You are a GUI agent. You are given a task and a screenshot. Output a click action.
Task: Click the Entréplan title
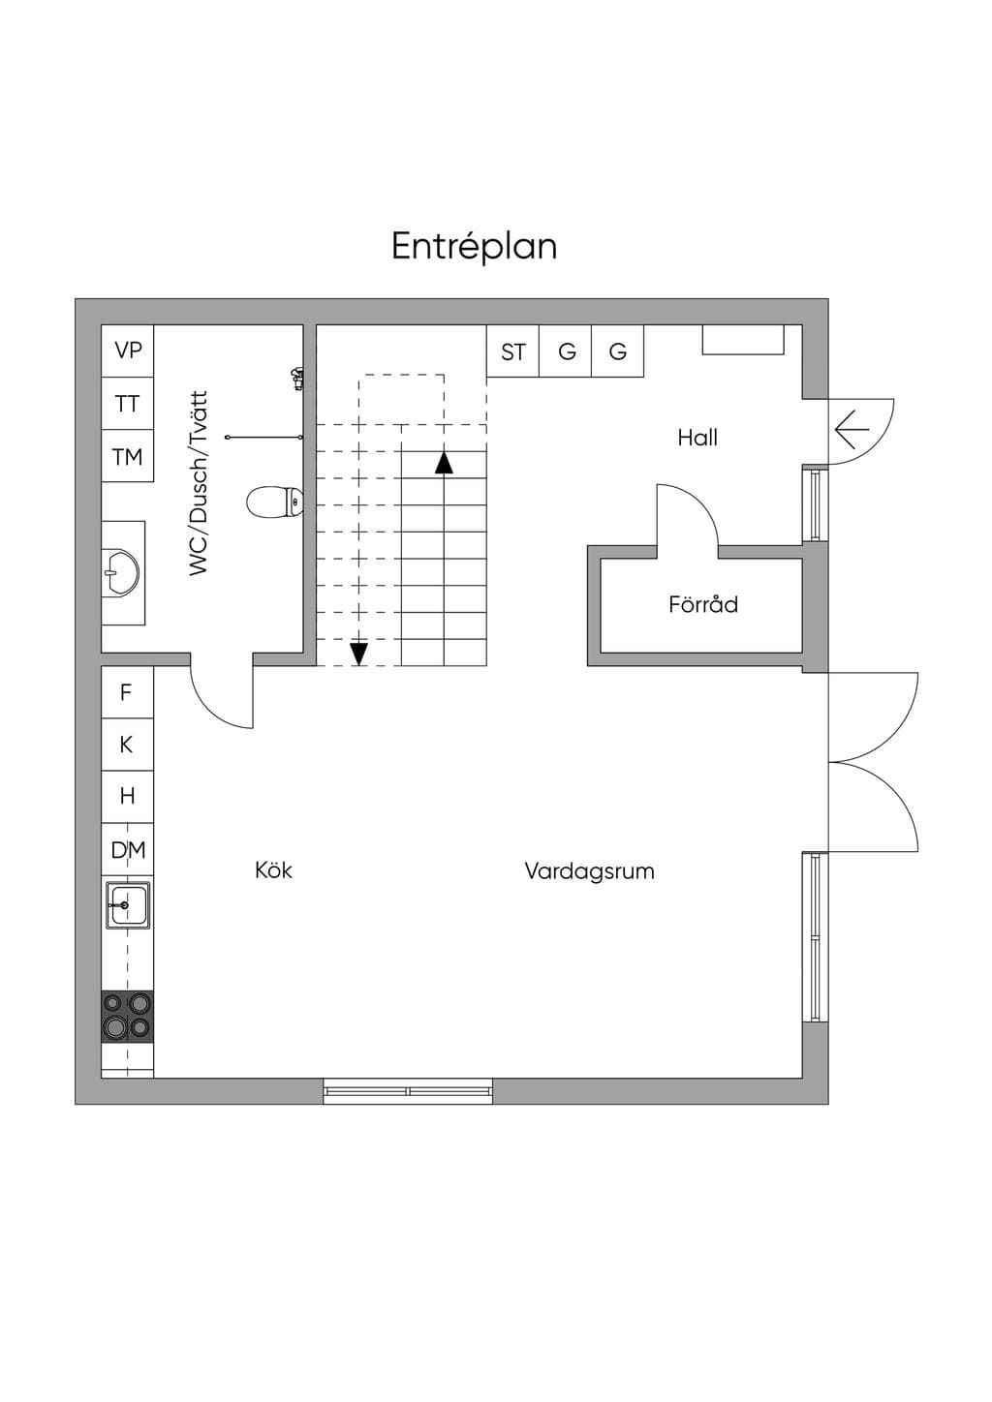tap(474, 247)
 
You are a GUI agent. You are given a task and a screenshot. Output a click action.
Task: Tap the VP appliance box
tap(127, 350)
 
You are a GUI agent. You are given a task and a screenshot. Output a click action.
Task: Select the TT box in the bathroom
tap(127, 403)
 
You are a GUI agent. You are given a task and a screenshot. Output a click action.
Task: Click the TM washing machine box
tap(127, 456)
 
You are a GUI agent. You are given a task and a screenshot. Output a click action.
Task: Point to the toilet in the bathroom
tap(275, 502)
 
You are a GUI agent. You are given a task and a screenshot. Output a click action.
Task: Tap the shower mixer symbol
tap(298, 378)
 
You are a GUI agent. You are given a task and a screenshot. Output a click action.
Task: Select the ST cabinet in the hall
tap(512, 351)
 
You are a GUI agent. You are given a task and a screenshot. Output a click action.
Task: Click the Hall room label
tap(697, 438)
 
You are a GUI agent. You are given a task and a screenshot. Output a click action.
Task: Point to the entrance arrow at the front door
tap(852, 429)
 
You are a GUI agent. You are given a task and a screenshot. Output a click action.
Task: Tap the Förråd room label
tap(703, 604)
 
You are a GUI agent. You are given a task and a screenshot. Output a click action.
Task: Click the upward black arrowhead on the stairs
tap(444, 463)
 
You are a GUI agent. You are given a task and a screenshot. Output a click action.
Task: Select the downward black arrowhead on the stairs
tap(358, 654)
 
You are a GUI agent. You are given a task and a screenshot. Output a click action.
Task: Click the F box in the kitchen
tap(127, 692)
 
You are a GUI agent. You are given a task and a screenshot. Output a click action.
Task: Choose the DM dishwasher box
tap(127, 849)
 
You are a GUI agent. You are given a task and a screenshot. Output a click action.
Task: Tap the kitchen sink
tap(128, 904)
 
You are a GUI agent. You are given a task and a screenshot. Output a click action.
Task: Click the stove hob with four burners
tap(127, 1017)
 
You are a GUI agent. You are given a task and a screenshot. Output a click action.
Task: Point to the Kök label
tap(274, 870)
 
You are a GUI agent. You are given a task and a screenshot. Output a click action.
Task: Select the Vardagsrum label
tap(589, 871)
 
